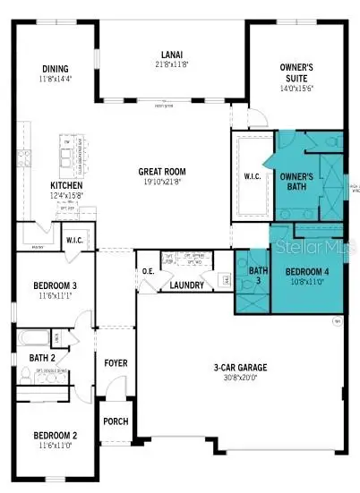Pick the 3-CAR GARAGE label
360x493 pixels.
pyautogui.click(x=236, y=367)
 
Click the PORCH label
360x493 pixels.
pyautogui.click(x=116, y=421)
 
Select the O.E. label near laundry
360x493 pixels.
pyautogui.click(x=149, y=270)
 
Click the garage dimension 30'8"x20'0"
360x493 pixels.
pyautogui.click(x=236, y=378)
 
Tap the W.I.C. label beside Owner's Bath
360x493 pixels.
pyautogui.click(x=253, y=176)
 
